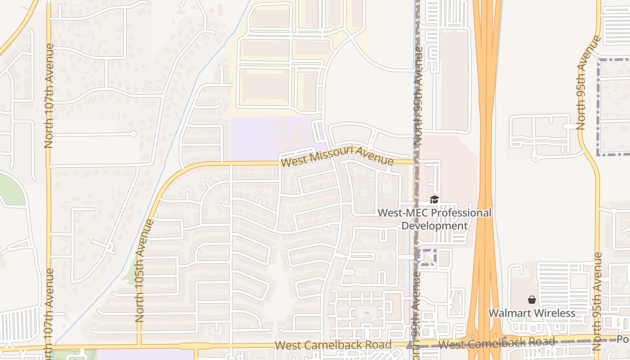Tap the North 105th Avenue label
pyautogui.click(x=145, y=270)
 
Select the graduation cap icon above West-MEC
pyautogui.click(x=434, y=199)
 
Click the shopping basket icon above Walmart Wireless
pyautogui.click(x=532, y=300)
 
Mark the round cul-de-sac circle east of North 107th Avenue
pyautogui.click(x=133, y=134)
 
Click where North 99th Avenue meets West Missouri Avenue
pyautogui.click(x=416, y=162)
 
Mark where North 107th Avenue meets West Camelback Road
pyautogui.click(x=49, y=349)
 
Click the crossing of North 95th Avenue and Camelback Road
pyautogui.click(x=598, y=339)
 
